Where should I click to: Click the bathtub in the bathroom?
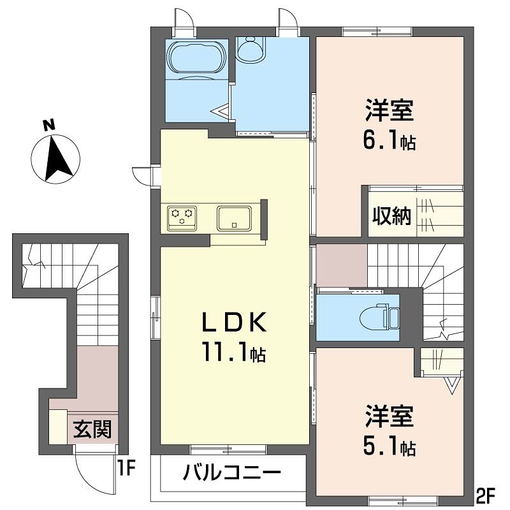pos(196,61)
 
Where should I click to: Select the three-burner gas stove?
pos(182,217)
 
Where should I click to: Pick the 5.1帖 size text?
pos(390,446)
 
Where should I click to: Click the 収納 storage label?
pos(391,217)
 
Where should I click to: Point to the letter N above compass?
pos(48,126)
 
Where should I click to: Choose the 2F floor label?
pos(486,493)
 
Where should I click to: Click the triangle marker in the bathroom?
pos(221,112)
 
